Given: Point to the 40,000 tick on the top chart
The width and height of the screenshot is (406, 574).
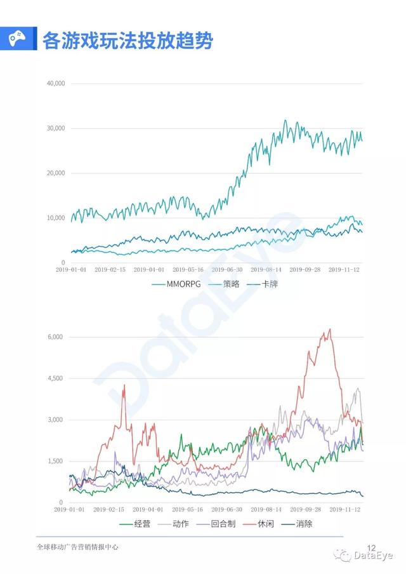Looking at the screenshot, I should tap(56, 83).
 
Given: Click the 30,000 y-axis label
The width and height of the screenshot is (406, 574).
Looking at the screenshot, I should tap(56, 128).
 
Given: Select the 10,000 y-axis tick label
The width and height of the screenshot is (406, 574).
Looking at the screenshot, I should tap(56, 218).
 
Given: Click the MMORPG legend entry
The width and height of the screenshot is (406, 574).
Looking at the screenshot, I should tap(181, 284).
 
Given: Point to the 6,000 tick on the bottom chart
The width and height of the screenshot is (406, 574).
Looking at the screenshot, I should tap(56, 337).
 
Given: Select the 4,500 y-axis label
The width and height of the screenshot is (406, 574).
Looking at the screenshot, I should tap(56, 378).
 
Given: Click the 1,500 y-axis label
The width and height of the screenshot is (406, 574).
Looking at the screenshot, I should tap(56, 461).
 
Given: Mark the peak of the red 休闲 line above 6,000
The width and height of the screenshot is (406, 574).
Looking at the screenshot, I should tap(329, 329).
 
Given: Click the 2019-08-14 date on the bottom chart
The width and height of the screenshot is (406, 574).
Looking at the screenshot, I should tap(266, 509).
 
